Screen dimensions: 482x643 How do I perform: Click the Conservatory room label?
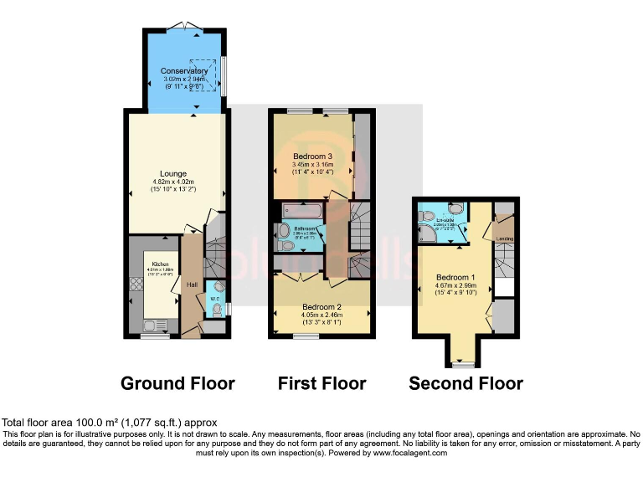tap(184, 71)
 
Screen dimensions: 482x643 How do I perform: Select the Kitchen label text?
tap(159, 264)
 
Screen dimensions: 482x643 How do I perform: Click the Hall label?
tap(192, 285)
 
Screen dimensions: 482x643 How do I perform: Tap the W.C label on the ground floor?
tap(214, 299)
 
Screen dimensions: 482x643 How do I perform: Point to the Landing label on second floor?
tap(505, 238)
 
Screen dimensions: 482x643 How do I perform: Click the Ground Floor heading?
tap(177, 383)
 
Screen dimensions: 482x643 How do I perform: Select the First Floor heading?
tap(321, 383)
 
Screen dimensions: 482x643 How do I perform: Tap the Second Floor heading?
tap(466, 383)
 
